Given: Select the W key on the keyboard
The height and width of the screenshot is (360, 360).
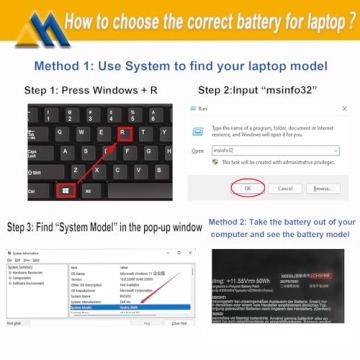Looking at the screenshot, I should (83, 131).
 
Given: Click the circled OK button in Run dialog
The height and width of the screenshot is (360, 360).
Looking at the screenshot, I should (246, 187).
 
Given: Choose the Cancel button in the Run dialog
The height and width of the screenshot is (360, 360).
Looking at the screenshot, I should (284, 187).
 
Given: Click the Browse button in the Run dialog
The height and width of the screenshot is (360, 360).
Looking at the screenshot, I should (322, 187).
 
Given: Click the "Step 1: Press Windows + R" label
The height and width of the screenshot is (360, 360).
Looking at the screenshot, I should (90, 91).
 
